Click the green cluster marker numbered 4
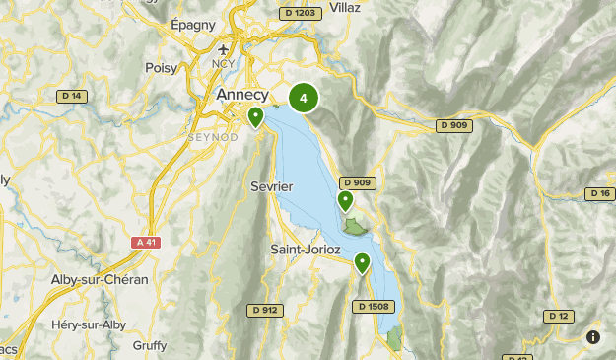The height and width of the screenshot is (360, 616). pos(304,98)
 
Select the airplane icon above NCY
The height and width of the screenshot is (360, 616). pos(225,50)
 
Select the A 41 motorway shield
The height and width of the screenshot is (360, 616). pos(146,242)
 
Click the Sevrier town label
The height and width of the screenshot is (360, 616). pos(272,185)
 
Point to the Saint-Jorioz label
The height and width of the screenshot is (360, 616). pos(306,250)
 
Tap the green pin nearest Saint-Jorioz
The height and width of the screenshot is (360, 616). pos(363,262)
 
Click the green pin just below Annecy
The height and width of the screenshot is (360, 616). pos(256,117)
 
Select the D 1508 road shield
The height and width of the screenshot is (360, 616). pos(376,307)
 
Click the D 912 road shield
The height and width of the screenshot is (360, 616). pos(264,311)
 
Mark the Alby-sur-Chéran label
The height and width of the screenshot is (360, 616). pos(100,280)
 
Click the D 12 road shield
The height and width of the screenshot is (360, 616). pos(558,316)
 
